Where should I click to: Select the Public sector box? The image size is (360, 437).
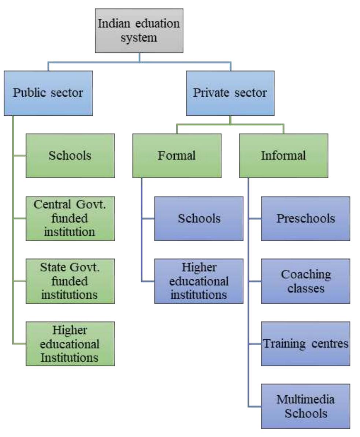pos(48,93)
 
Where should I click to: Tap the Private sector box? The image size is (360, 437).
pos(230,93)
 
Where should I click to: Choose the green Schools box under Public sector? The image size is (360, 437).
pos(70,156)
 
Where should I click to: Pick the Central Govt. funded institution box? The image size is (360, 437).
pos(70,218)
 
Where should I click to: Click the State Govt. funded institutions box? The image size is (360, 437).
pos(70,281)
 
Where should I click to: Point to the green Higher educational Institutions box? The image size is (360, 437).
pos(70,343)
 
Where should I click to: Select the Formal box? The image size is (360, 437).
pos(177,156)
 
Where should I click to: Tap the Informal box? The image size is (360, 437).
pos(283,156)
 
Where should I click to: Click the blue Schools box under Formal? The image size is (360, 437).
pos(199,218)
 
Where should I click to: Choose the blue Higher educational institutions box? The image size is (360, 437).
pos(199,281)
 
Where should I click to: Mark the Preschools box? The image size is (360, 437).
pos(305,218)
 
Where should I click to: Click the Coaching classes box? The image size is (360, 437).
pos(305,281)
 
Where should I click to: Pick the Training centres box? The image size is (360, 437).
pos(305,343)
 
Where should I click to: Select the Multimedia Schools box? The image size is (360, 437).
pos(305,406)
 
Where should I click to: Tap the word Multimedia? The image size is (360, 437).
pos(305,400)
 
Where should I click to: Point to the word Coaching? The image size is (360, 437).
pos(305,274)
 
